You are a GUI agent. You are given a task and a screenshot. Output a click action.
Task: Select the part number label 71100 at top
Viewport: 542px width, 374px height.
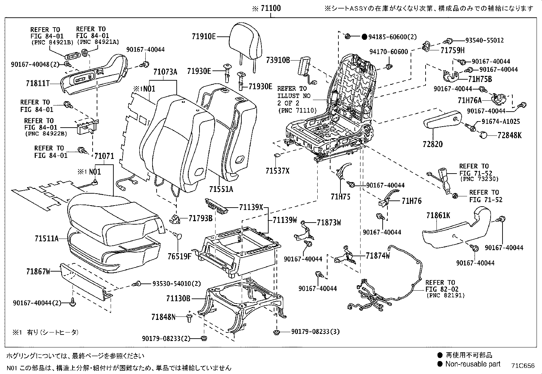(270, 8)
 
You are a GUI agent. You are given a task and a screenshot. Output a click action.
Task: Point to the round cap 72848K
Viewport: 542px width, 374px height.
(483, 135)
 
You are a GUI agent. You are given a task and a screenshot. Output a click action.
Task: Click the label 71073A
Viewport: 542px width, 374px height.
(165, 72)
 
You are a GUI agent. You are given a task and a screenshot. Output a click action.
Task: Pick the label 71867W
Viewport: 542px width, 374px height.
(38, 271)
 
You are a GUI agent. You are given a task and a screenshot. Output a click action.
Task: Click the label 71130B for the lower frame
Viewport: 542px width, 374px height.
(178, 298)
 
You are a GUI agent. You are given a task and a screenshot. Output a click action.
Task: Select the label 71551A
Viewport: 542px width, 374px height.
(221, 189)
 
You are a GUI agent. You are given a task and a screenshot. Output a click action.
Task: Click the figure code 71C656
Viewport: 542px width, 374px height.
(523, 366)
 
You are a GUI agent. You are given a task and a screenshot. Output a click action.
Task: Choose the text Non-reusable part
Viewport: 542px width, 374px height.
(473, 364)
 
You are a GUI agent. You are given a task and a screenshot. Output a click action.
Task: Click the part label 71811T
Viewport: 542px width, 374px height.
(38, 83)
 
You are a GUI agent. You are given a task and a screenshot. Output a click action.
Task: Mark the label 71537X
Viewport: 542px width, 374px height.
(277, 170)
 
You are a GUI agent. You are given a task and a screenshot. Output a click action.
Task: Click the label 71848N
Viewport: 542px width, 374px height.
(163, 317)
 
